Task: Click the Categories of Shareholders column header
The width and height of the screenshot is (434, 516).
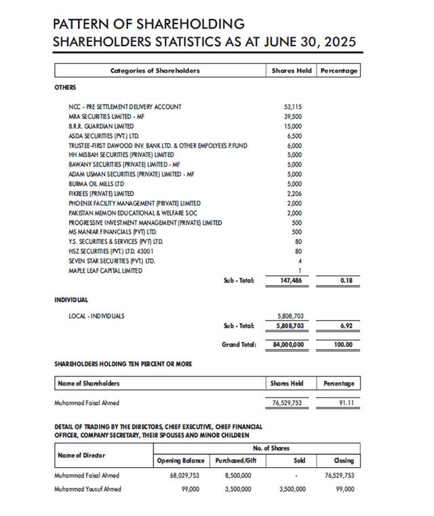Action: point(155,70)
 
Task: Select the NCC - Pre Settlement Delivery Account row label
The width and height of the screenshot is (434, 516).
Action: point(125,107)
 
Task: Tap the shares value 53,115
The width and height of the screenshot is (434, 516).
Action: point(293,107)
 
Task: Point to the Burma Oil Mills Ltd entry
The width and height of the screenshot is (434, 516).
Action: point(96,184)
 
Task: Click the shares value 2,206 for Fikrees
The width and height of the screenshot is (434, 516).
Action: point(294,194)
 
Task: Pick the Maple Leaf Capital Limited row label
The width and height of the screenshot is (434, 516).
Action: point(105,271)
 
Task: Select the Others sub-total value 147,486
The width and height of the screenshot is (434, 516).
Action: point(291,280)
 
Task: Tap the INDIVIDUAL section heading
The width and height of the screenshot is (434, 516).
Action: point(71,299)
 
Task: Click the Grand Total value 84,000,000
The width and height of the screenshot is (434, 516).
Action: point(288,345)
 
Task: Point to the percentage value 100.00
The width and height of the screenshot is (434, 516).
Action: point(344,345)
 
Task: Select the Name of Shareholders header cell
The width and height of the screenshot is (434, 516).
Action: point(89,384)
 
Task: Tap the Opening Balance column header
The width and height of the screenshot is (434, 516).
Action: point(181,460)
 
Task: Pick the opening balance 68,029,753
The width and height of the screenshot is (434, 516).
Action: point(185,475)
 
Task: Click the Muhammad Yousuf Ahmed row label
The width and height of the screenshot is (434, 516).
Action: point(88,488)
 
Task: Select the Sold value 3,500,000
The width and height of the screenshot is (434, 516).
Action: point(292,488)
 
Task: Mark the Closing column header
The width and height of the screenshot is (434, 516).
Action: point(344,460)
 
